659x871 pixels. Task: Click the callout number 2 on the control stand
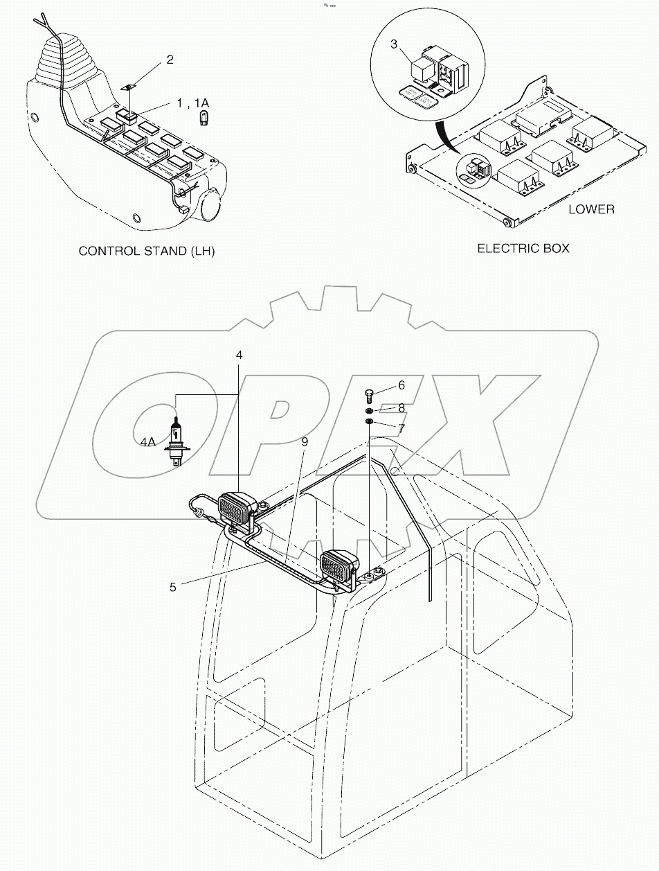click(x=170, y=60)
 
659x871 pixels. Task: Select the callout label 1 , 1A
click(x=192, y=103)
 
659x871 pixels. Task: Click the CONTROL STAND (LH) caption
click(x=147, y=251)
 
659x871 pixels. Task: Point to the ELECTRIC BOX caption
click(x=523, y=247)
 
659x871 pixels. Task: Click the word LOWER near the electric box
click(x=590, y=209)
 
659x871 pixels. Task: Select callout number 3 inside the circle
click(x=394, y=45)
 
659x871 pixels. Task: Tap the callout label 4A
click(x=147, y=441)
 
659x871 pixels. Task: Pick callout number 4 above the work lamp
click(x=239, y=355)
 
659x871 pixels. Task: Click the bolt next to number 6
click(x=369, y=396)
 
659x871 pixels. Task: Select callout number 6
click(x=400, y=385)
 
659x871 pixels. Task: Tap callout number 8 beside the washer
click(x=400, y=408)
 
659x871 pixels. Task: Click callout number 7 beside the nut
click(x=401, y=429)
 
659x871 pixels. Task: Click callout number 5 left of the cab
click(x=172, y=586)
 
